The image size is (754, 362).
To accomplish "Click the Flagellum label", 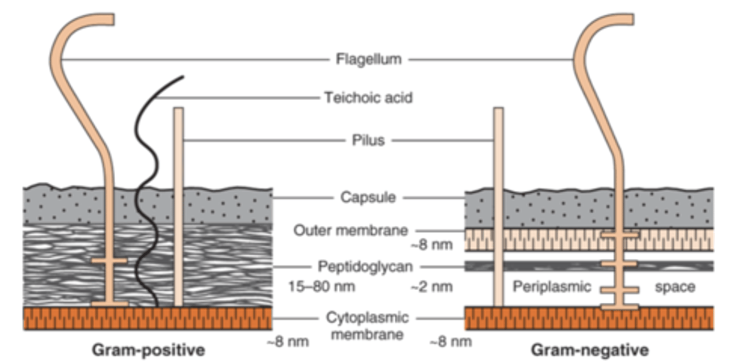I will point(368,59).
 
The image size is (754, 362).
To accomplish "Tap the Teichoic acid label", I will point(368,97).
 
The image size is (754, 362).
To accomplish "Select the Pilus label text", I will point(368,140).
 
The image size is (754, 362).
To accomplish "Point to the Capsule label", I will point(368,198).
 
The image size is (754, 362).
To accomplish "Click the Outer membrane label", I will point(351,230).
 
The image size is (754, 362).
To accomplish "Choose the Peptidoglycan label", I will point(365,267).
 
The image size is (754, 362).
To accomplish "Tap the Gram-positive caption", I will point(148,349).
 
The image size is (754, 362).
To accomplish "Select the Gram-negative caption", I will point(590,349).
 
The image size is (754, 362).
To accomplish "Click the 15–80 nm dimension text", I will point(321,287).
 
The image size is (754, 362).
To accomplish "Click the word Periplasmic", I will point(552,287).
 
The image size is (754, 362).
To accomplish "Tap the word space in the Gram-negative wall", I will point(675,287).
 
